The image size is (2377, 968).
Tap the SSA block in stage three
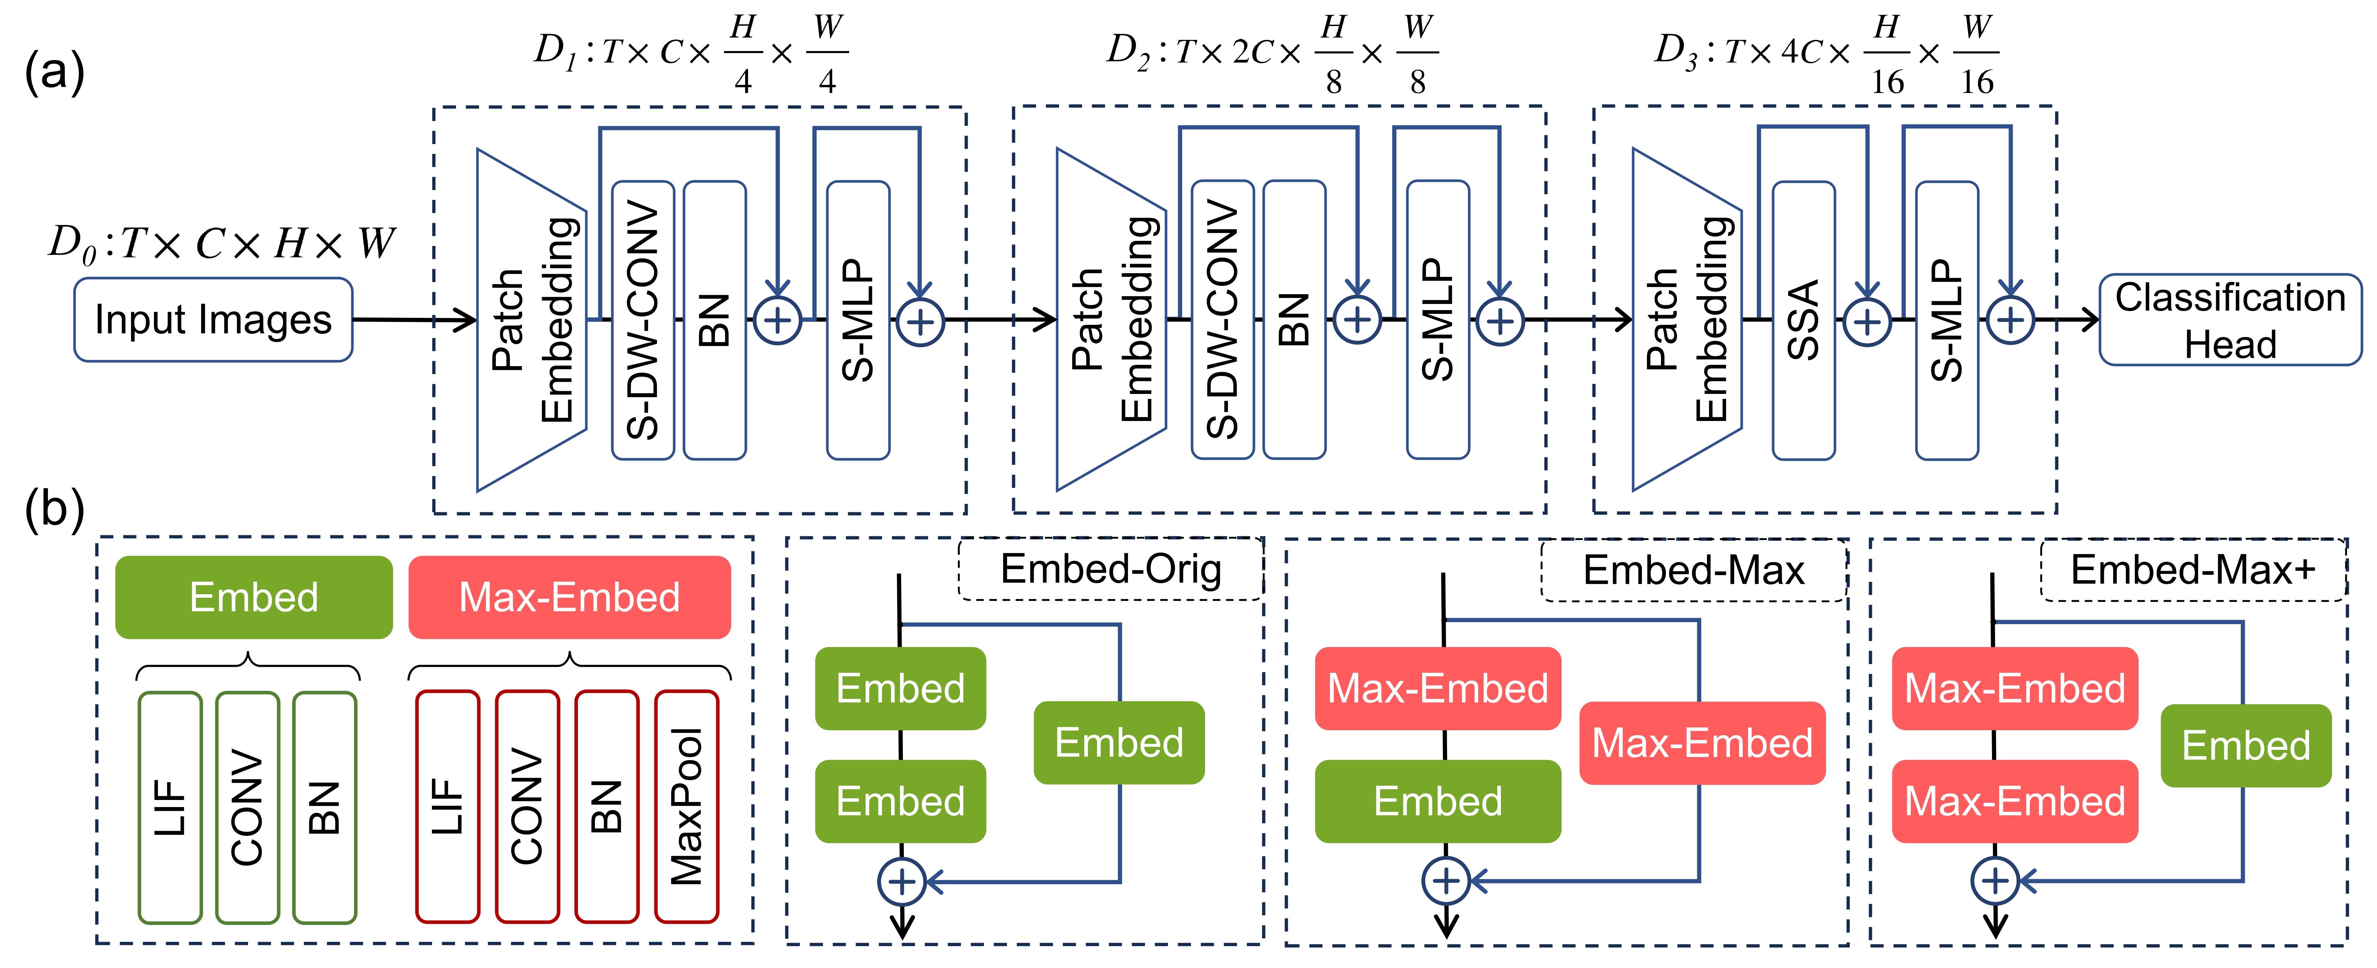click(x=1803, y=320)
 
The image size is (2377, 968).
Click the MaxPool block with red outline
click(x=687, y=806)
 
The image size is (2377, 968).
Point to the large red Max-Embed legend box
click(x=569, y=597)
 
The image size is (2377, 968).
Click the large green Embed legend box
click(x=254, y=597)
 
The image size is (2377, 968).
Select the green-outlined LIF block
click(x=170, y=806)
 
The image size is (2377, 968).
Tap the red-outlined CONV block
click(x=527, y=806)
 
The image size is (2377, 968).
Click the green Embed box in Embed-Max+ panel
click(x=2245, y=746)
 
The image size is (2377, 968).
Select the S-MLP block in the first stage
click(x=858, y=320)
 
